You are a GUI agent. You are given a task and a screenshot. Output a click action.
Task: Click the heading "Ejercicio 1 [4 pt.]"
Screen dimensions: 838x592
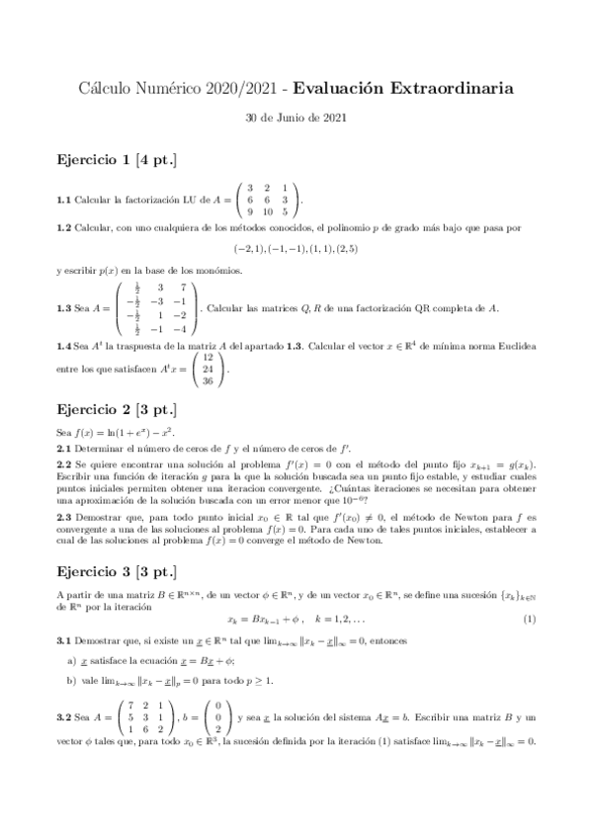pyautogui.click(x=118, y=158)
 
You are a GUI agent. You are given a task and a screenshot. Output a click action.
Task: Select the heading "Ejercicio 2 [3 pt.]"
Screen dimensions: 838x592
pyautogui.click(x=118, y=410)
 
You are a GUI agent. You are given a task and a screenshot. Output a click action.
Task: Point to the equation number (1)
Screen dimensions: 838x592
pyautogui.click(x=529, y=620)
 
